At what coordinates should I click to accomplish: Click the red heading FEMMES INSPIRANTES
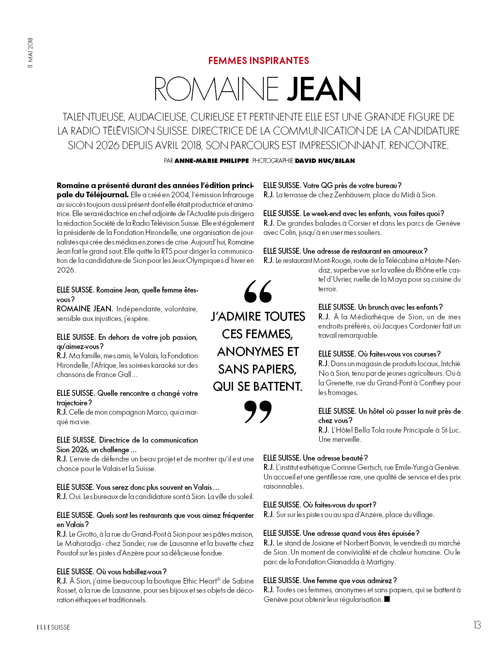259,61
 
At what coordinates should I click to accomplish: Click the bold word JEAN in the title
324,89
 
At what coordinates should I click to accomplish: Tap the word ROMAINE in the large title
216,89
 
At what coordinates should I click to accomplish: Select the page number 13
477,625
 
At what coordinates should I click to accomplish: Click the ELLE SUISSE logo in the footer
53,627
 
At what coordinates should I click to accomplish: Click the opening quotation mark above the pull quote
258,291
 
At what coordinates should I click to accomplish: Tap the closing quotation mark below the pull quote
258,411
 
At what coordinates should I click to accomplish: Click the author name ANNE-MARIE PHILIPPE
212,161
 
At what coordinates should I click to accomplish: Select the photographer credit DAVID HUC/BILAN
325,161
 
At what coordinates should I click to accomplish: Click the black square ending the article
387,599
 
